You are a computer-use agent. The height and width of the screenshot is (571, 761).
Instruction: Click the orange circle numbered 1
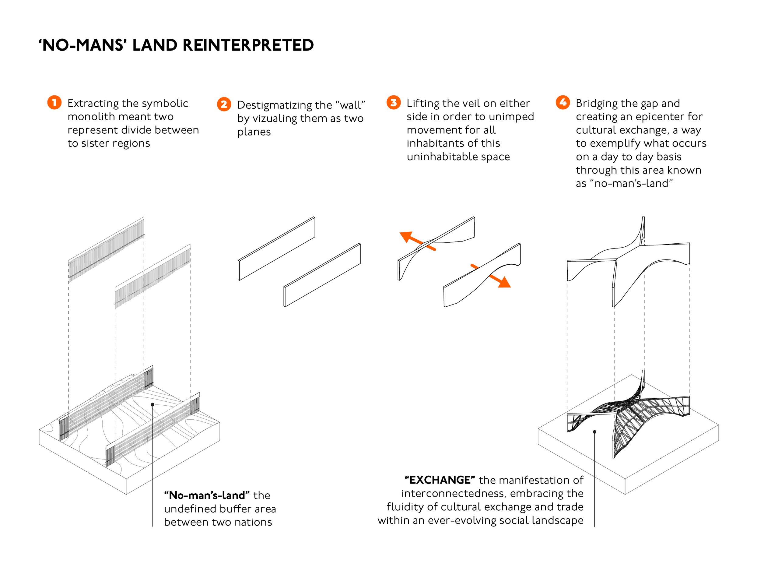click(54, 103)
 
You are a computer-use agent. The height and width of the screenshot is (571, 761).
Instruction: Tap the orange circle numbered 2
click(224, 104)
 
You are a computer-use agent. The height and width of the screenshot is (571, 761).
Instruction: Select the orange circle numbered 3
click(393, 103)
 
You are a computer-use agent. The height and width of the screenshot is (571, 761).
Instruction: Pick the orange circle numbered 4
click(563, 103)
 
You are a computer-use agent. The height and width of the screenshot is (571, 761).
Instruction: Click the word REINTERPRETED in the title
click(248, 45)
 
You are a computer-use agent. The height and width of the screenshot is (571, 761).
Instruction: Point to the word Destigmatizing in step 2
click(284, 105)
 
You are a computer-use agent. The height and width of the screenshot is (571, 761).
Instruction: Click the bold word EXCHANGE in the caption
click(440, 480)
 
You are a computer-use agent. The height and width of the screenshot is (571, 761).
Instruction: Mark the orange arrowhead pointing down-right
click(505, 283)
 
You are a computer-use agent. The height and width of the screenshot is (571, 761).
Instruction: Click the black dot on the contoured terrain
click(153, 405)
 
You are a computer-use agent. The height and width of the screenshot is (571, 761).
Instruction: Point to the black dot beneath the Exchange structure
click(594, 432)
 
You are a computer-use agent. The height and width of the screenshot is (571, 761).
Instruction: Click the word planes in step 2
click(254, 132)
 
